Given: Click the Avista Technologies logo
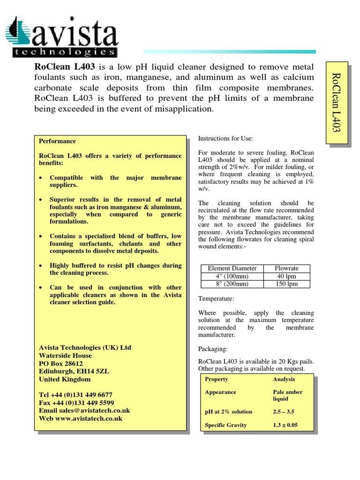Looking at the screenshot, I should point(61,37).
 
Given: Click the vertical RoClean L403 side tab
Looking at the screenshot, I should point(337,102).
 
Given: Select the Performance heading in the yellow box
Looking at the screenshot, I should point(57,141).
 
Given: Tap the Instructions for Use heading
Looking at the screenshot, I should point(225,139).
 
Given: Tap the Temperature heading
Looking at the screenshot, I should point(216,299).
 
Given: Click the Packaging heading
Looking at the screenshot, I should point(213,349).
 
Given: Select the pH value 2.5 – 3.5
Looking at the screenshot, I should point(284,412).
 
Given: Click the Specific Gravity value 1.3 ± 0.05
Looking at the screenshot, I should point(285,425).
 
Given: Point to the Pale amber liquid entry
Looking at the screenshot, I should point(287,395).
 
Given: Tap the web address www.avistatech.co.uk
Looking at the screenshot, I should point(89,418).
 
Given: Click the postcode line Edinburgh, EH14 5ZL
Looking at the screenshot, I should point(74,371).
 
